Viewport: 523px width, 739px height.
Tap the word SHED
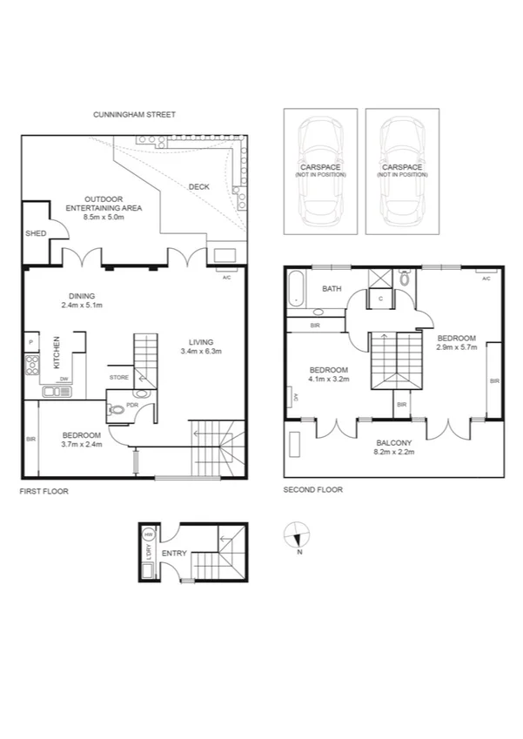click(36, 233)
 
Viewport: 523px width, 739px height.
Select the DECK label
click(198, 186)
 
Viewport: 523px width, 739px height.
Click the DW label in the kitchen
click(64, 380)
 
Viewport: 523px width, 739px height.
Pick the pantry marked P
click(30, 342)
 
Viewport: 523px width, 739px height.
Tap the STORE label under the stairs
click(119, 377)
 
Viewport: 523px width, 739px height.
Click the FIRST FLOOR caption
click(44, 491)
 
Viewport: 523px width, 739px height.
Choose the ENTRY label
click(174, 552)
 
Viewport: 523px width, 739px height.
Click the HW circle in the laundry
click(148, 534)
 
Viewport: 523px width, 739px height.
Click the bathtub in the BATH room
click(296, 289)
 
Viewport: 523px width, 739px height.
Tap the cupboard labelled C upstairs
click(381, 299)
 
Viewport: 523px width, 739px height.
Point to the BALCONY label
click(394, 443)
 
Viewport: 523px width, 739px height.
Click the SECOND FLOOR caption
click(313, 489)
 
